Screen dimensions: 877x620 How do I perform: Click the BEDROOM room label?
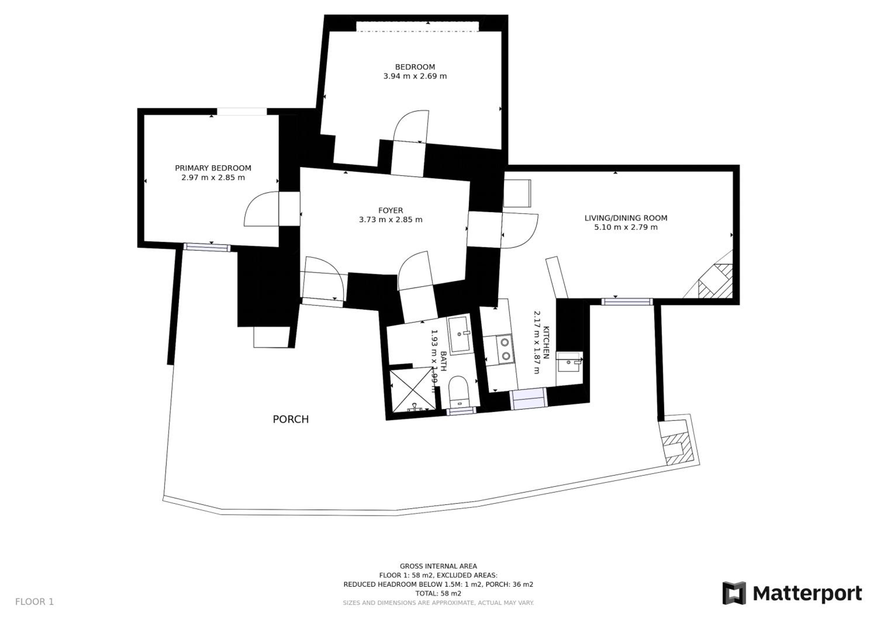[x=415, y=67]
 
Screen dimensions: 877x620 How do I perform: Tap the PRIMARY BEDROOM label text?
[x=213, y=168]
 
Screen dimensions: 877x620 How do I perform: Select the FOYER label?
[x=390, y=210]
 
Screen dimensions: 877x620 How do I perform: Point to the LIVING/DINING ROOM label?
[x=626, y=218]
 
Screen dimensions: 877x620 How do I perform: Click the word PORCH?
[x=290, y=420]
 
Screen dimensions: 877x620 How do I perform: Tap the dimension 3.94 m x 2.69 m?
[x=415, y=76]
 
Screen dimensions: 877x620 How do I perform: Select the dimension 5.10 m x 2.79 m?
[x=626, y=227]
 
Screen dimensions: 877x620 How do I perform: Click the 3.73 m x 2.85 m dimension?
[x=390, y=219]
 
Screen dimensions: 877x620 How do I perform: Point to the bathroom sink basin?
[x=459, y=335]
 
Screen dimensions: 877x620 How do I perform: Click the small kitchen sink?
[x=569, y=362]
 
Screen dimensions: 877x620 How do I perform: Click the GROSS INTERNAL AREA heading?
[x=438, y=567]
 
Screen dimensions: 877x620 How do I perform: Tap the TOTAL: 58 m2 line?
[x=438, y=594]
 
